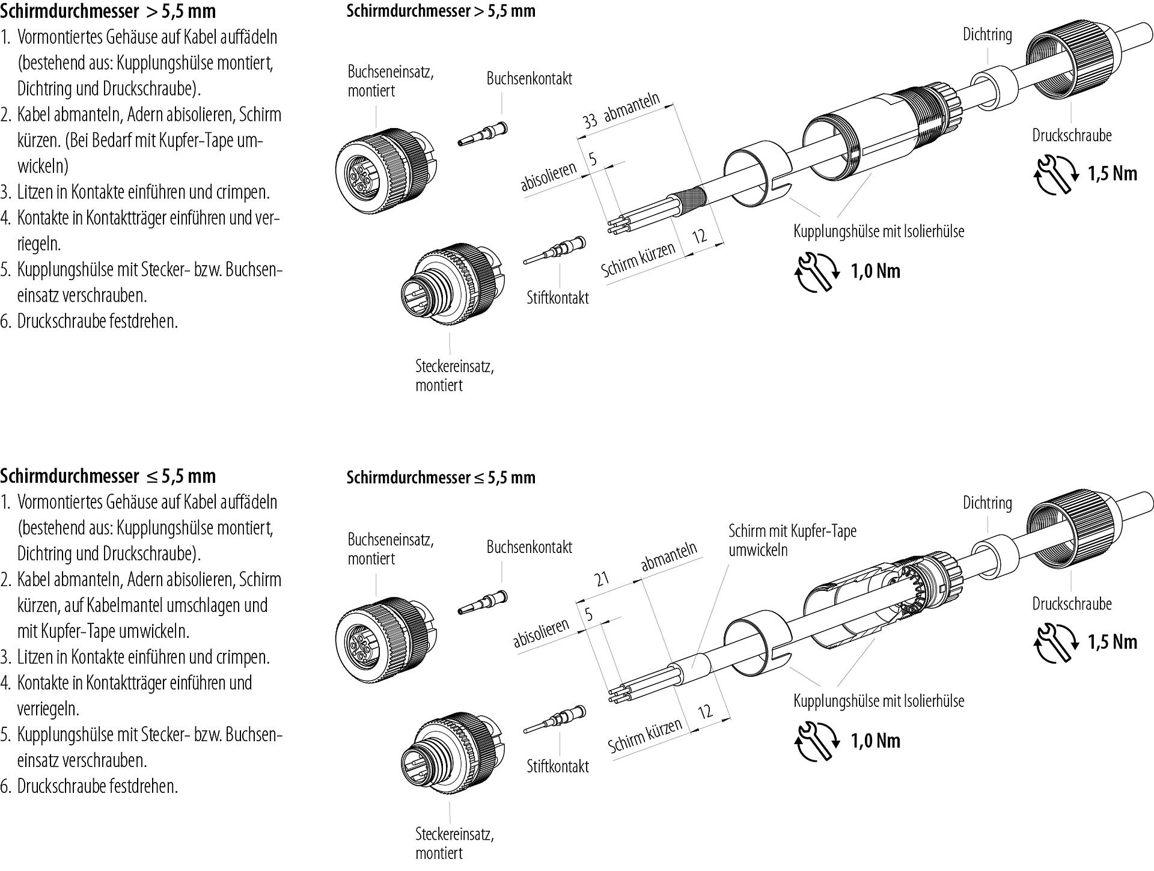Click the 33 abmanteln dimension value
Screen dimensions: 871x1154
[590, 120]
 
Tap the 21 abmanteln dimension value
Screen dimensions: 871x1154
[602, 578]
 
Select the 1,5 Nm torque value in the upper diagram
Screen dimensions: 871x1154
[1113, 174]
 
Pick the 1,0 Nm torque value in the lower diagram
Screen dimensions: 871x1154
[875, 741]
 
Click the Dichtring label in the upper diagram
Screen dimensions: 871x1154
[987, 34]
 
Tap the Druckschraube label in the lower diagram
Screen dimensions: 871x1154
[1072, 604]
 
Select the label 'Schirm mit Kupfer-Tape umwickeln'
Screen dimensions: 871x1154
[792, 540]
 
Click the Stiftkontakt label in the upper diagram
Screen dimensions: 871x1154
[557, 298]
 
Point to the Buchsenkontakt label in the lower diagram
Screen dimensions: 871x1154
[529, 547]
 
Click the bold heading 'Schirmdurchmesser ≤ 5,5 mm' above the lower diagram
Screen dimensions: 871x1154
[441, 477]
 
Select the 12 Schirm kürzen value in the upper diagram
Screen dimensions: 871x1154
[700, 236]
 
